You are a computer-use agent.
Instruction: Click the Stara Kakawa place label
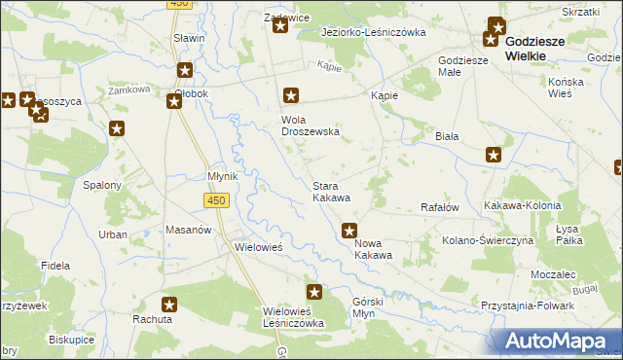point(330,191)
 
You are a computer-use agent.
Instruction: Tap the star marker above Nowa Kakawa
point(350,231)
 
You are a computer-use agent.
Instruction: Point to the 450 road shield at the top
point(177,4)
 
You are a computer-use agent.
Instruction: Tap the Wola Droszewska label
point(303,126)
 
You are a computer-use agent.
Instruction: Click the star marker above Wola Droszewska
point(290,95)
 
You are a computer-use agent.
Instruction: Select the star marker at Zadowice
point(280,25)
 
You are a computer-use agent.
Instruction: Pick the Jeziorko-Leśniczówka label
point(374,32)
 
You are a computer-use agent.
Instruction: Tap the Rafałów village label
point(438,206)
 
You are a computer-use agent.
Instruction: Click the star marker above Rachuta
point(169,304)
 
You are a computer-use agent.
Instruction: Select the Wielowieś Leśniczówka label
point(294,317)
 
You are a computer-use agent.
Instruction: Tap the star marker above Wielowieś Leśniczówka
point(314,291)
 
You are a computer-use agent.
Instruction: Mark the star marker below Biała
point(494,154)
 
